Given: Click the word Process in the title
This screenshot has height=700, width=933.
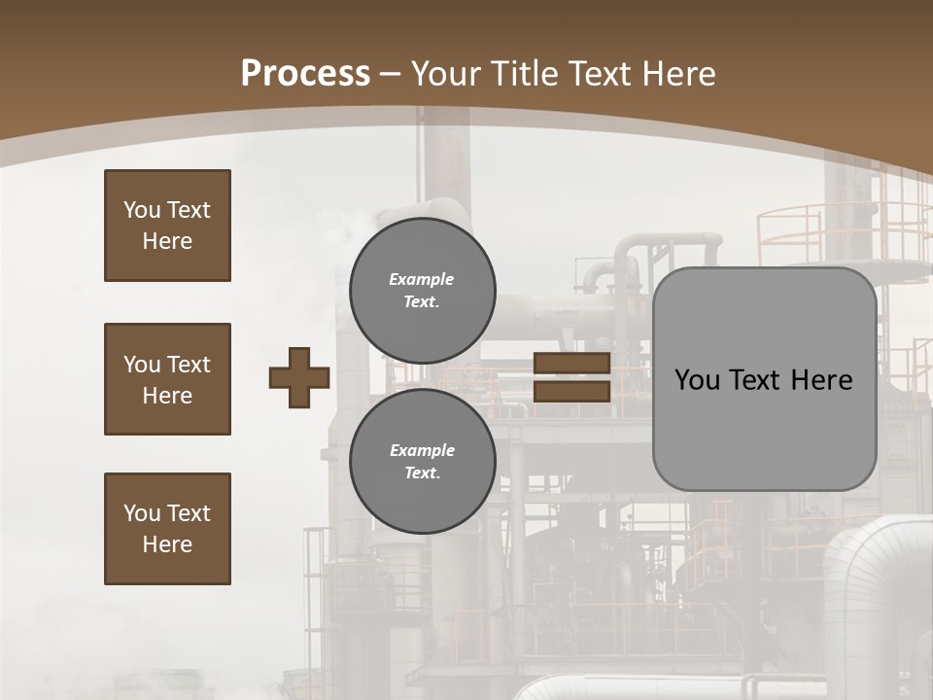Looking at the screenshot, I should click(x=305, y=74).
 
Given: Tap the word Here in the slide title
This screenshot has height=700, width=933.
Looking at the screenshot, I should click(x=673, y=74).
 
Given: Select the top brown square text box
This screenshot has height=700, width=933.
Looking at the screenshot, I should click(x=167, y=226).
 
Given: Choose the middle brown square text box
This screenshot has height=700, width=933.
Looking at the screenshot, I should click(x=167, y=379).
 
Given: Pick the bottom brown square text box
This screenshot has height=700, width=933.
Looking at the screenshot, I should click(x=167, y=529).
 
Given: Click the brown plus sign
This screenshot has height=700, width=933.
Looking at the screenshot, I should click(x=299, y=377).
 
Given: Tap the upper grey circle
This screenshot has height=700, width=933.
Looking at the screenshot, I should click(x=422, y=291).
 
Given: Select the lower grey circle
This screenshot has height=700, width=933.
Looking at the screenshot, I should click(x=422, y=462).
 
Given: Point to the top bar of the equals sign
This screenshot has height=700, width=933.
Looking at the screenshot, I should click(x=571, y=364).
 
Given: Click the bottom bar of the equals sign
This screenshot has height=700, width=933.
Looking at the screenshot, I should click(x=571, y=391).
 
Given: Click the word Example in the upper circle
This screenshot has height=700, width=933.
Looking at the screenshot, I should click(x=422, y=279).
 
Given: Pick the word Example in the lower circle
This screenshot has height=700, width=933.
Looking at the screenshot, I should click(x=422, y=450).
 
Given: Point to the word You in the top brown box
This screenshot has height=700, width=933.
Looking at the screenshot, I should click(x=142, y=210).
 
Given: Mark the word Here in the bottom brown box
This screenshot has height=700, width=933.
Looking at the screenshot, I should click(x=167, y=544).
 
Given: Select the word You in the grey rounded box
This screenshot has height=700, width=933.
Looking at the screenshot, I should click(x=698, y=380).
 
